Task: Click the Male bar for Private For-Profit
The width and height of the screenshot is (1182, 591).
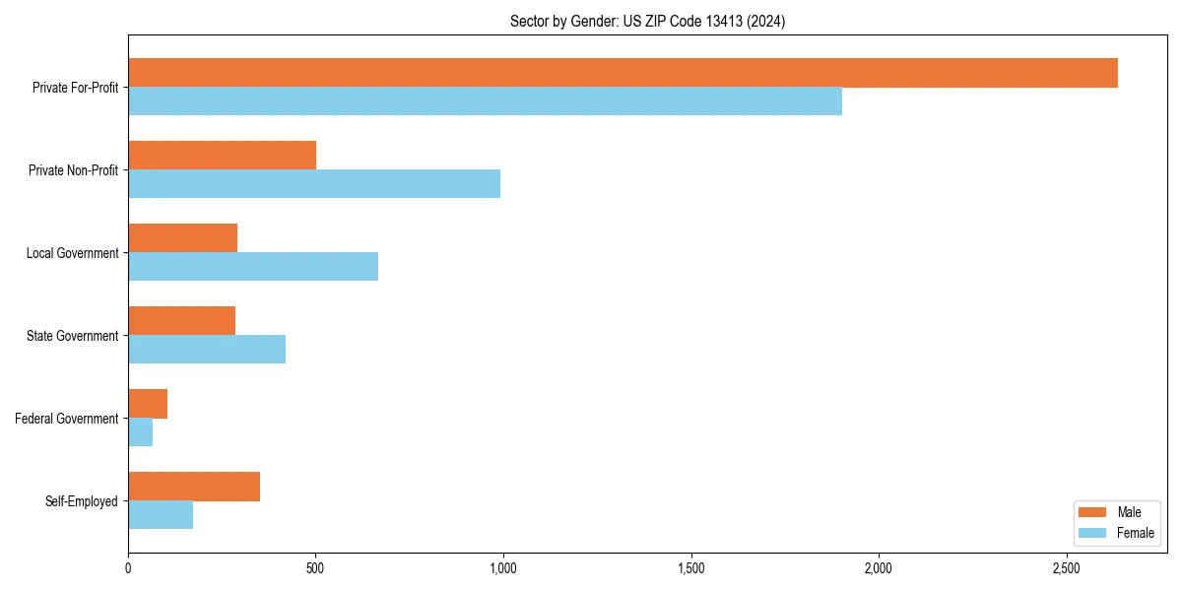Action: (x=623, y=73)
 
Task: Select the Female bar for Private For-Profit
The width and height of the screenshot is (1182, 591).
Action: (x=485, y=101)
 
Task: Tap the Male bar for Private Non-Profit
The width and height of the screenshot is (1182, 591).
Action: (x=222, y=156)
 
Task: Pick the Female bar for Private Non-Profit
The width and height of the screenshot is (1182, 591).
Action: (x=314, y=184)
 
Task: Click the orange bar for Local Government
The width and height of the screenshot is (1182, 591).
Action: (x=182, y=238)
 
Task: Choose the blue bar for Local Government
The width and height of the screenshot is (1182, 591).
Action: (x=253, y=267)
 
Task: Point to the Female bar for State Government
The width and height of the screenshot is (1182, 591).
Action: (x=207, y=350)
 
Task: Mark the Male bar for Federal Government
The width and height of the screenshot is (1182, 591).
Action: (x=148, y=404)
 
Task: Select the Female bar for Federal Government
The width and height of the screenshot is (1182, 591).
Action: (x=140, y=432)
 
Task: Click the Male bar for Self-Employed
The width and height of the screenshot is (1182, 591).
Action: (x=194, y=487)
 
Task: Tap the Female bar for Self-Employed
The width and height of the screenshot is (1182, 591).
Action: (x=161, y=515)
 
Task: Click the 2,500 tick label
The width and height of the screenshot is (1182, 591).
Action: (x=1066, y=568)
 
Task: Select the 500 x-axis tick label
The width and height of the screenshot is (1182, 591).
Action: (x=315, y=568)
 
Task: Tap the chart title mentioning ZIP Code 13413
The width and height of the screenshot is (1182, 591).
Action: (x=647, y=21)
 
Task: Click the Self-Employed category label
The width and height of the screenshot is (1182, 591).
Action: (x=82, y=501)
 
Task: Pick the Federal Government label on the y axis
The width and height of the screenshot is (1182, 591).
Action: (x=67, y=419)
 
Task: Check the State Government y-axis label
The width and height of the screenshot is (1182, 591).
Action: (x=73, y=336)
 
